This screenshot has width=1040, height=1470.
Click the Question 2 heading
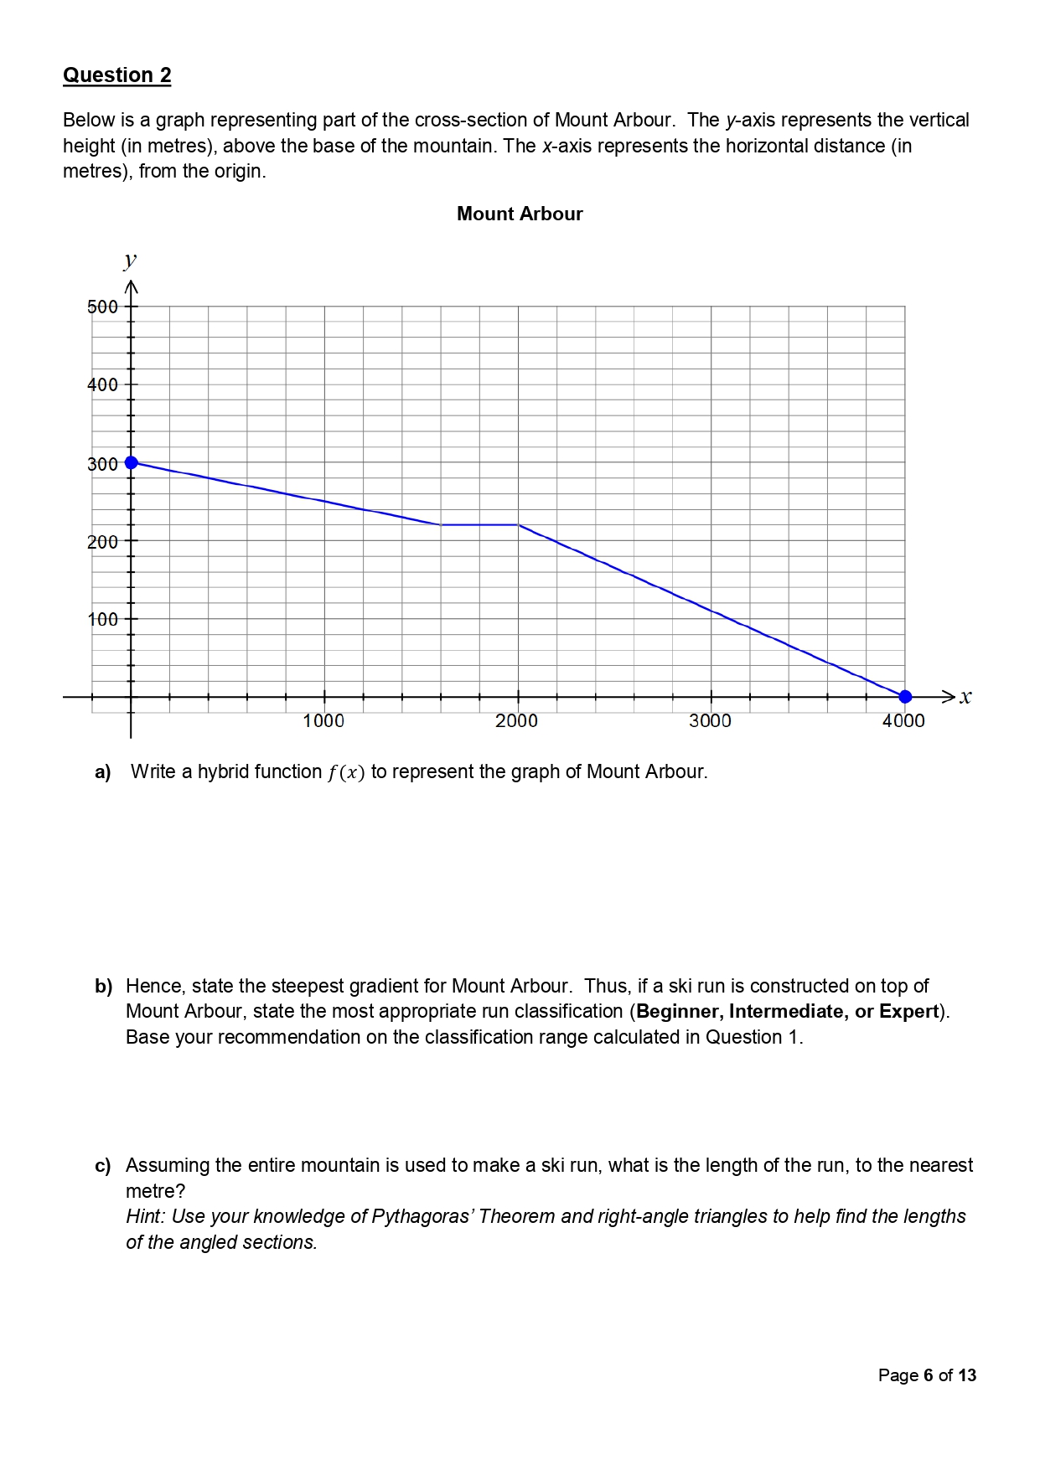point(116,75)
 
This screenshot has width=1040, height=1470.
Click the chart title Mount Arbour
point(520,214)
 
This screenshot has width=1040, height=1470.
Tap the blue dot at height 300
point(131,462)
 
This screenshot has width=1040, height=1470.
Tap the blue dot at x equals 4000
point(904,696)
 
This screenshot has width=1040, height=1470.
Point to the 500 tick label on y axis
point(102,307)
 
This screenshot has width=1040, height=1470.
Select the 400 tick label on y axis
point(102,385)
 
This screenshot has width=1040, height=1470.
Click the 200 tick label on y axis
point(102,542)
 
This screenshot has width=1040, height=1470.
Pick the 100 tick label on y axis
point(102,620)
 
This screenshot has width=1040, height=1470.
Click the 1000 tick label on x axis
point(323,720)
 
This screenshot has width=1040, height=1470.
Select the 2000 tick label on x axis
point(516,720)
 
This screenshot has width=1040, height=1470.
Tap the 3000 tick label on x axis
point(710,720)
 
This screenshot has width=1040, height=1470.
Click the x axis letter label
point(965,696)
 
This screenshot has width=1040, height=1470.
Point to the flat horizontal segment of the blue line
point(479,524)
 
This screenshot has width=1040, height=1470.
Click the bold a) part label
point(103,772)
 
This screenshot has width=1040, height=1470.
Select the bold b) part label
point(103,986)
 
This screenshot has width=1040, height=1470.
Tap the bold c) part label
point(102,1166)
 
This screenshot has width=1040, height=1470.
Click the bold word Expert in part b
point(908,1011)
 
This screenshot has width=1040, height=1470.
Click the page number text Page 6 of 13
point(927,1375)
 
